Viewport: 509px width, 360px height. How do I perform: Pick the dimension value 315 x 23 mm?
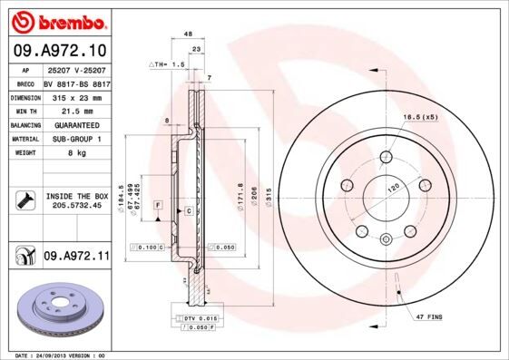75,95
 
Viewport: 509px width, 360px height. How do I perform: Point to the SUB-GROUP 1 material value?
75,139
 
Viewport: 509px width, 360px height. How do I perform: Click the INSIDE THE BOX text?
76,196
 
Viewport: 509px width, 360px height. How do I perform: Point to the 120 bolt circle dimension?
395,186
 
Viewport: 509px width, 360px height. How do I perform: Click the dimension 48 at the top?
188,34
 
